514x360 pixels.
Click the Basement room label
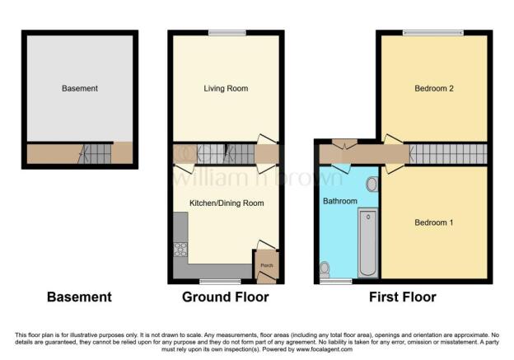(80, 88)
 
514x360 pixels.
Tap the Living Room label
(226, 88)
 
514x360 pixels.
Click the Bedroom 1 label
(433, 222)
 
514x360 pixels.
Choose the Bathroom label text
(340, 201)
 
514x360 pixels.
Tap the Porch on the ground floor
(266, 264)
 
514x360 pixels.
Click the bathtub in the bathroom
(367, 243)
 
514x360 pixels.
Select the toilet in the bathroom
(325, 268)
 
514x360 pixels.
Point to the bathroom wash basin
(371, 185)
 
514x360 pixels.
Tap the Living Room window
(227, 33)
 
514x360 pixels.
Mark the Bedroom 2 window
(432, 33)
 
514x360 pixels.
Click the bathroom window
(335, 282)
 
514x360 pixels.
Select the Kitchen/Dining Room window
(213, 282)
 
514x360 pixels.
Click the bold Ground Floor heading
(225, 297)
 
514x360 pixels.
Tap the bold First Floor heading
(403, 297)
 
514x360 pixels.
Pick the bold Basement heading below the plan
(79, 297)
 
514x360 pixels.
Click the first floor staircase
(447, 153)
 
